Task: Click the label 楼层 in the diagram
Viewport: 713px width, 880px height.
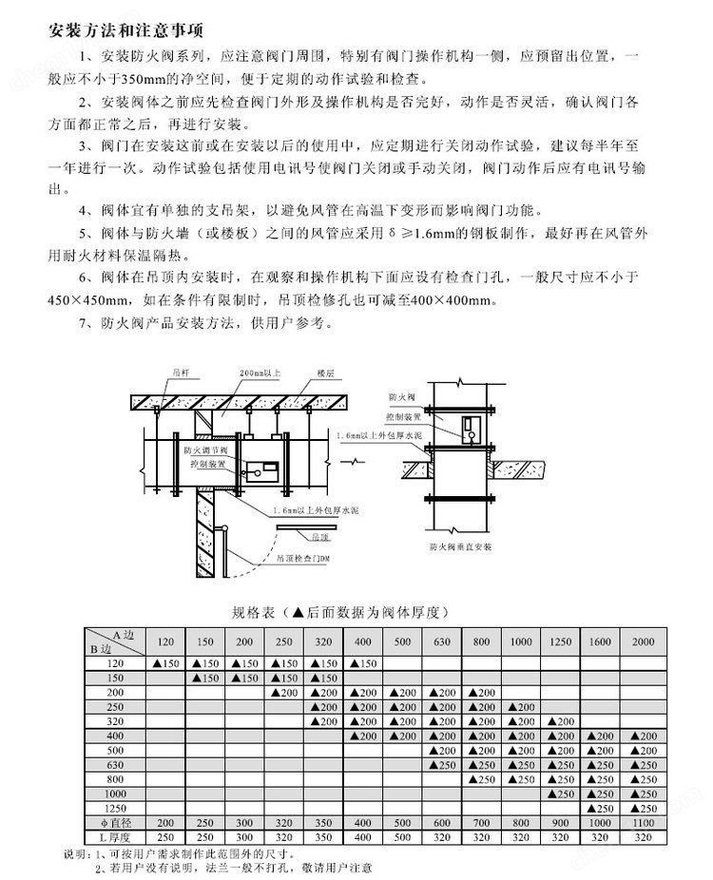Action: click(327, 375)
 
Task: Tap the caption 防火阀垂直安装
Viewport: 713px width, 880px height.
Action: click(459, 548)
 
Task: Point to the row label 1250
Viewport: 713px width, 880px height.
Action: click(114, 807)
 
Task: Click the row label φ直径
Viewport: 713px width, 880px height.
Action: click(114, 821)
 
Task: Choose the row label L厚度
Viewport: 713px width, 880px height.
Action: click(114, 835)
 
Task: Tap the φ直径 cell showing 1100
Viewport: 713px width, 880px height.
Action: click(644, 821)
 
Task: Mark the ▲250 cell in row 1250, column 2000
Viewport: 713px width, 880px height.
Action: click(644, 807)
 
